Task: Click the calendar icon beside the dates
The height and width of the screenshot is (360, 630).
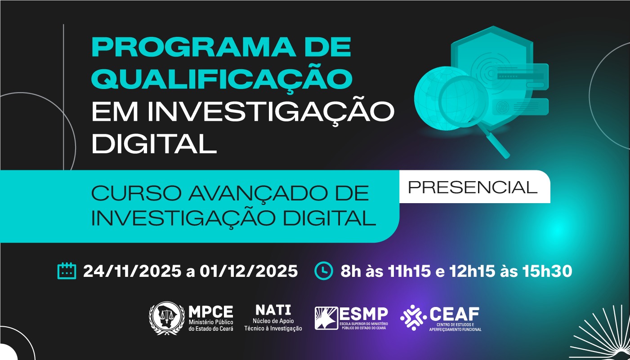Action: pos(67,271)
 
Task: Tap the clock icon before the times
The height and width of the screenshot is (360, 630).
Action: pos(323,271)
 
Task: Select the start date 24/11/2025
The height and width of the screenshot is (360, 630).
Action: pos(132,271)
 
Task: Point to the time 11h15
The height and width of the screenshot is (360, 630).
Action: pos(412,271)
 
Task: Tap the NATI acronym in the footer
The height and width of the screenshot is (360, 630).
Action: pos(273,310)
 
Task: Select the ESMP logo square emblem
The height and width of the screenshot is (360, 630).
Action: pos(326,318)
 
